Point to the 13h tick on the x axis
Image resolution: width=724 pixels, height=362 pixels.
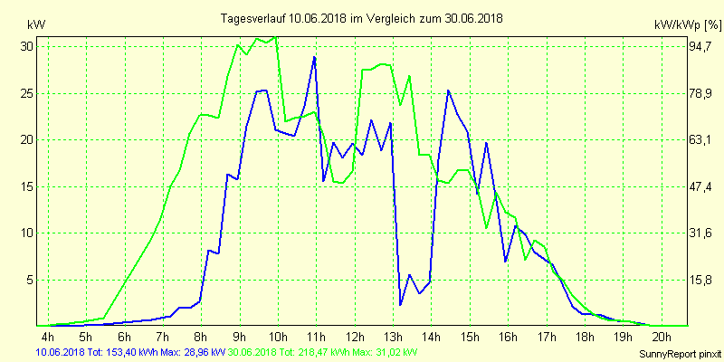click(x=393, y=338)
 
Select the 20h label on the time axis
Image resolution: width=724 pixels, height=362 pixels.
click(x=662, y=338)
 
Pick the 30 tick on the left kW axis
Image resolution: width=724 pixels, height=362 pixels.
click(x=26, y=46)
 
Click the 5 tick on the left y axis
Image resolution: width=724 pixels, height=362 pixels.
click(x=29, y=280)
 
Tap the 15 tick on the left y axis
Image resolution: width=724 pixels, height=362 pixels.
click(x=26, y=186)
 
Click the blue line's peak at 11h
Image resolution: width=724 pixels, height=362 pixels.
click(x=314, y=57)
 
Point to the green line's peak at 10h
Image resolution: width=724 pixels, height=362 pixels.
click(x=275, y=37)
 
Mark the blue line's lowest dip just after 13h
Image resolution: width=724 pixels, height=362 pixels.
click(x=400, y=304)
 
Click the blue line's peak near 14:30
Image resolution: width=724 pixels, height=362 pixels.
click(x=448, y=90)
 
